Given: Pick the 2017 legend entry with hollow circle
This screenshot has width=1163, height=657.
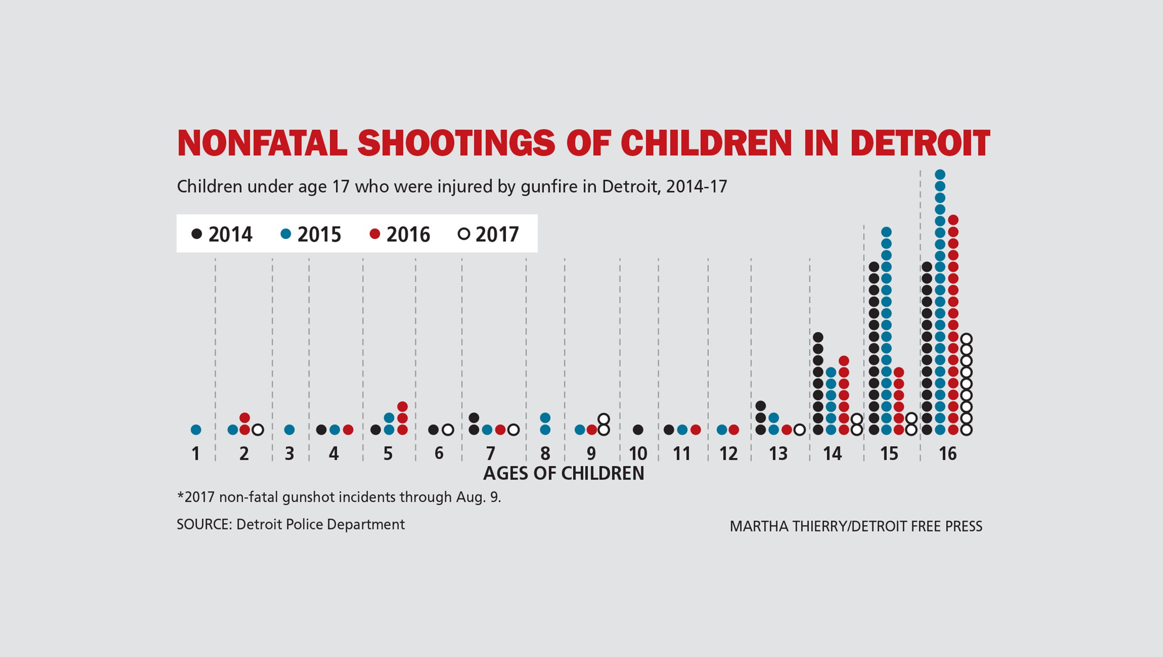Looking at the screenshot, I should pos(488,234).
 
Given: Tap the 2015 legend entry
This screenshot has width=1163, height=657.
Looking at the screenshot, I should pos(311,234).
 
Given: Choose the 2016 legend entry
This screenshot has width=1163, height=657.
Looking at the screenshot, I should pos(400,234).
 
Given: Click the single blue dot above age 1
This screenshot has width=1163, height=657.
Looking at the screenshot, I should pos(196,429).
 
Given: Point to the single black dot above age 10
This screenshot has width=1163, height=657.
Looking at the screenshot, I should pos(638,429).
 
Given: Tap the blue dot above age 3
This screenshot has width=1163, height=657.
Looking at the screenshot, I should pos(289,429).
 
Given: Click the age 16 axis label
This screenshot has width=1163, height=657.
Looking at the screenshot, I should pos(947,453).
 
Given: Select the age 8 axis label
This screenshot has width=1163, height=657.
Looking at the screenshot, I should pos(545,453).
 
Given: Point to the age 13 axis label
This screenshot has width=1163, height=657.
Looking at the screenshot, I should pos(778,453).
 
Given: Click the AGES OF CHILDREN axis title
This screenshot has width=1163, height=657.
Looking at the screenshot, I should pos(563,473).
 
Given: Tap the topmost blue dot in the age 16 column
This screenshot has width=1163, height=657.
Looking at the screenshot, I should pos(940,174).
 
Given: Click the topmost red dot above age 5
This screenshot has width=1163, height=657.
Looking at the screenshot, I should pos(402,406).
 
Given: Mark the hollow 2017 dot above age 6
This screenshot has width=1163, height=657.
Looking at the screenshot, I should pos(447,429).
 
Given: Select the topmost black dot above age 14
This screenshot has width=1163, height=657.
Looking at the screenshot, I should pos(818,337).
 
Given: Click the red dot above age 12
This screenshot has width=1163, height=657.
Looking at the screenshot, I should pos(734,429).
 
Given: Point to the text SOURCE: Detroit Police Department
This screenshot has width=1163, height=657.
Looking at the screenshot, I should pos(290,524).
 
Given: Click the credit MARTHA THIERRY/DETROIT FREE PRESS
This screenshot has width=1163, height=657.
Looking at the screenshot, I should pos(856,526).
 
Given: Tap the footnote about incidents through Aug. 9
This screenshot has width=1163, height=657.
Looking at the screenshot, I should pos(339,497).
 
